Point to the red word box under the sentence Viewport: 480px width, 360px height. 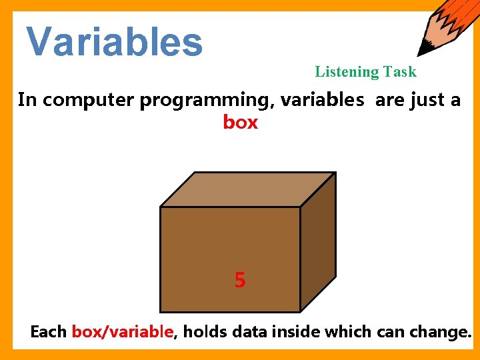point(240,123)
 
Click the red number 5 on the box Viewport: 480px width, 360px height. point(240,281)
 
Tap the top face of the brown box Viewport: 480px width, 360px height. point(247,189)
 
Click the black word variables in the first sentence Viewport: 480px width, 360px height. point(322,100)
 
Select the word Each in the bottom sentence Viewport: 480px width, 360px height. point(49,332)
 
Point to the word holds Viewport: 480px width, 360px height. point(203,332)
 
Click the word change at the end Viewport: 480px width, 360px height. point(437,332)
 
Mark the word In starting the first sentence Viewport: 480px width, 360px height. point(27,100)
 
